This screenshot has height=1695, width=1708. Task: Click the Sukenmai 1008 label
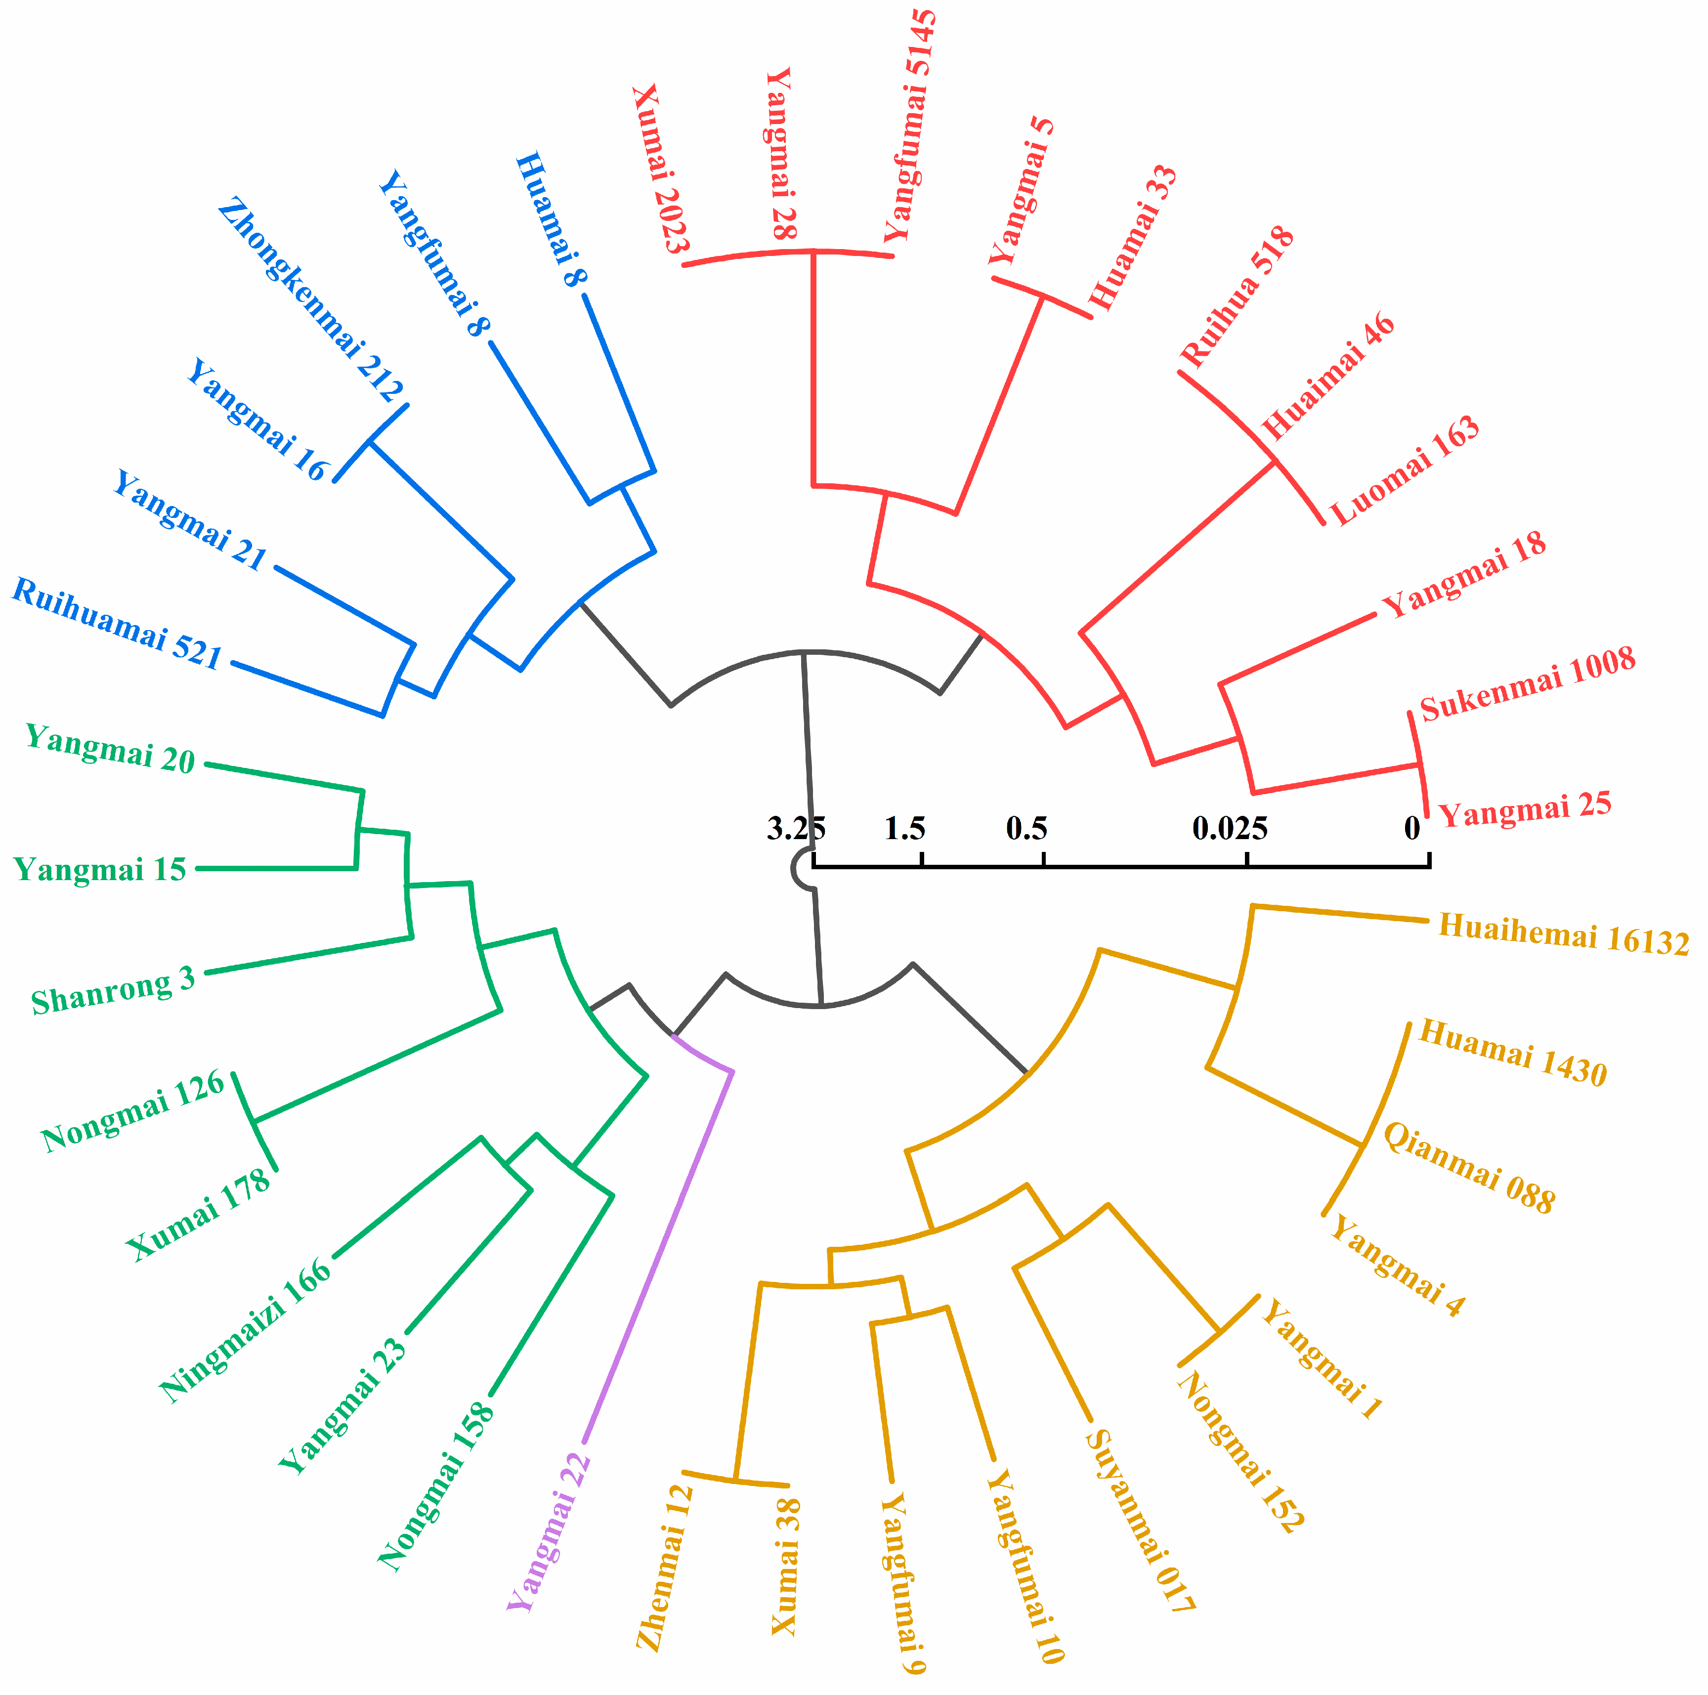click(1528, 683)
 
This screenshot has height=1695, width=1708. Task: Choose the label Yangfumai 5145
click(910, 126)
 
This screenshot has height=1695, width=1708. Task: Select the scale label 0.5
click(1026, 829)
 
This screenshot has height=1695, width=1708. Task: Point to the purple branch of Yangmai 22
click(659, 1256)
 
